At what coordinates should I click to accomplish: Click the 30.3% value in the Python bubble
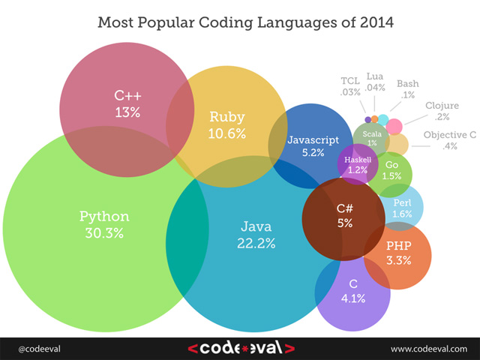click(104, 232)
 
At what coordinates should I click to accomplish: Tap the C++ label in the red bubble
click(127, 96)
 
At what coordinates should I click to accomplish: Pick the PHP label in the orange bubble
click(398, 246)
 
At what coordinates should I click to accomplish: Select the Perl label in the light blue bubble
click(401, 202)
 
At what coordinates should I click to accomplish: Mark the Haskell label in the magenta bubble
click(358, 160)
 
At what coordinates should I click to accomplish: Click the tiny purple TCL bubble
click(367, 119)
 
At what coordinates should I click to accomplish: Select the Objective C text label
click(450, 135)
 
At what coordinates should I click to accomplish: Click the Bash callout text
click(407, 83)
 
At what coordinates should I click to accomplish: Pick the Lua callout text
click(376, 76)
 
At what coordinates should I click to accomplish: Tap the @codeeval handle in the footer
click(36, 348)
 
